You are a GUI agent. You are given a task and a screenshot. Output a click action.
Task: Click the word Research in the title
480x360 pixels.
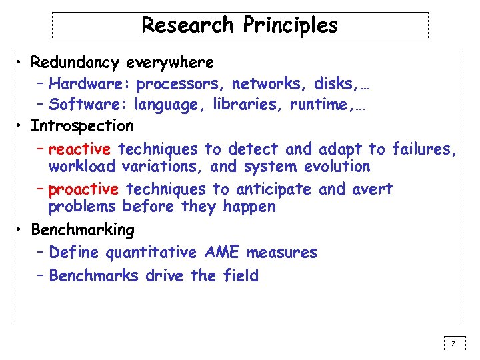[188, 25]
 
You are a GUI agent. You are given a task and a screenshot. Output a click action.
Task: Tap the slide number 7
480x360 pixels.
[453, 344]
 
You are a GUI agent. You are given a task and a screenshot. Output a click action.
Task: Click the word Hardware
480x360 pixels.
[90, 84]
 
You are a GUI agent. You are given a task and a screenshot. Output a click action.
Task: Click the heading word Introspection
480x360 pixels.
[82, 125]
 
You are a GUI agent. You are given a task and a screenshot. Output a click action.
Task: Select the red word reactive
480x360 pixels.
[79, 149]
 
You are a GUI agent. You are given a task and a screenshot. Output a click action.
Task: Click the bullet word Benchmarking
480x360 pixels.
[83, 230]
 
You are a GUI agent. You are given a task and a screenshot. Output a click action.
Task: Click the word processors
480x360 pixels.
[179, 84]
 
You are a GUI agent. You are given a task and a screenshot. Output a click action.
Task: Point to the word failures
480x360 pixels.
[424, 149]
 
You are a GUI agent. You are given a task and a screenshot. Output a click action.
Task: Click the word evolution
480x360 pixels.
[336, 166]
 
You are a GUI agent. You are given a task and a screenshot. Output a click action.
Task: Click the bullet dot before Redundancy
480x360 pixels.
[22, 63]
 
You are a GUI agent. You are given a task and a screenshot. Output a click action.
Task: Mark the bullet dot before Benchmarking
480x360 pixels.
[22, 230]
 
